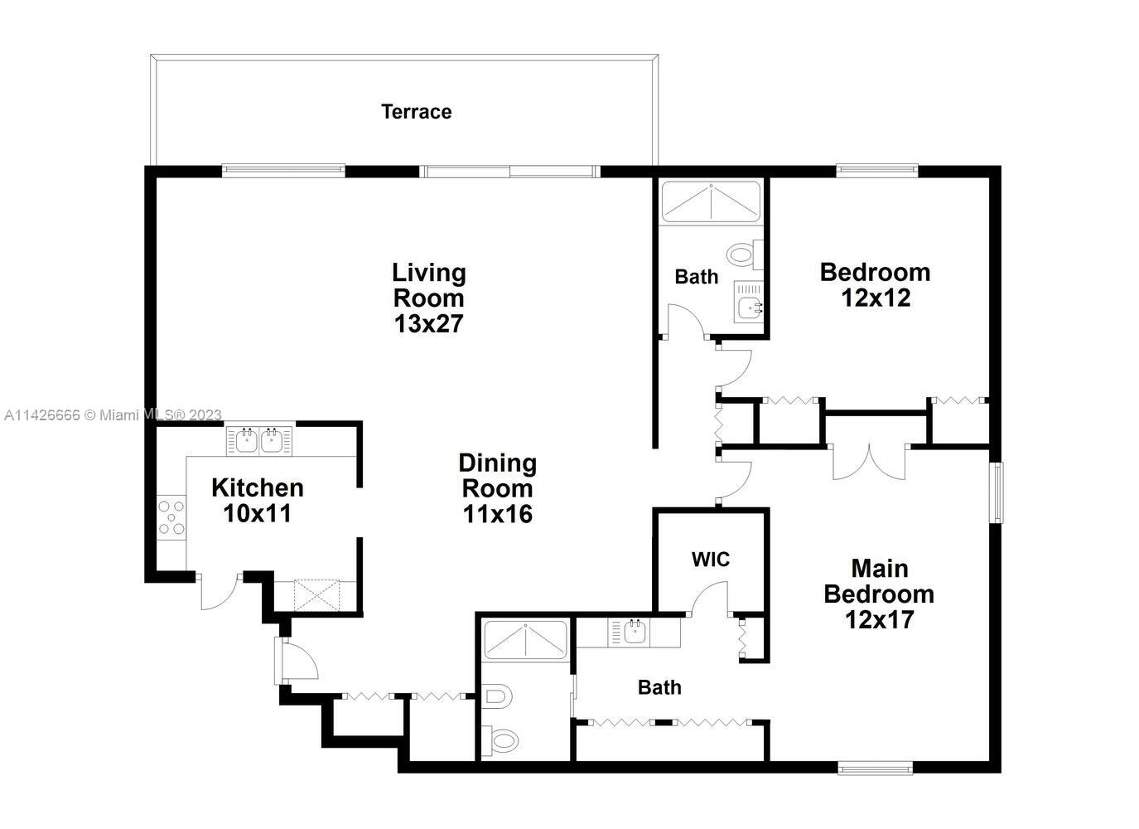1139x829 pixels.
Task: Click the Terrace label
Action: [x=416, y=112]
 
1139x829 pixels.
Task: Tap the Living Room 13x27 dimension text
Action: [x=428, y=323]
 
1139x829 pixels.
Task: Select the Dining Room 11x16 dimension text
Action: [x=497, y=514]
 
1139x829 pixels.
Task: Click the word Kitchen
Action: [x=257, y=487]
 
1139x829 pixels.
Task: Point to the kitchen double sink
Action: [x=259, y=440]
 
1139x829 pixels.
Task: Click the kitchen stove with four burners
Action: [x=172, y=517]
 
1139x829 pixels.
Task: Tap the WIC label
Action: [x=711, y=560]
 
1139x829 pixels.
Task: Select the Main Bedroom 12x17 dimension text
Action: [x=879, y=619]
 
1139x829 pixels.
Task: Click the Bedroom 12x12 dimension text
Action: [x=876, y=298]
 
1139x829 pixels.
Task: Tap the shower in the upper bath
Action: [x=710, y=201]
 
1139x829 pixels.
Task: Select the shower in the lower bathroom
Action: [x=526, y=640]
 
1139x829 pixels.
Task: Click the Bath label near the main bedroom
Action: [x=659, y=687]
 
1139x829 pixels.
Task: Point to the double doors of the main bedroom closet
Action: [x=868, y=461]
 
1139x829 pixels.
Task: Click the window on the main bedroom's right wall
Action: [x=998, y=492]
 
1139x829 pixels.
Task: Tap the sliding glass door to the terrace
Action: [x=509, y=172]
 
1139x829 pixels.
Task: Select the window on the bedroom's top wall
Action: [x=877, y=172]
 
